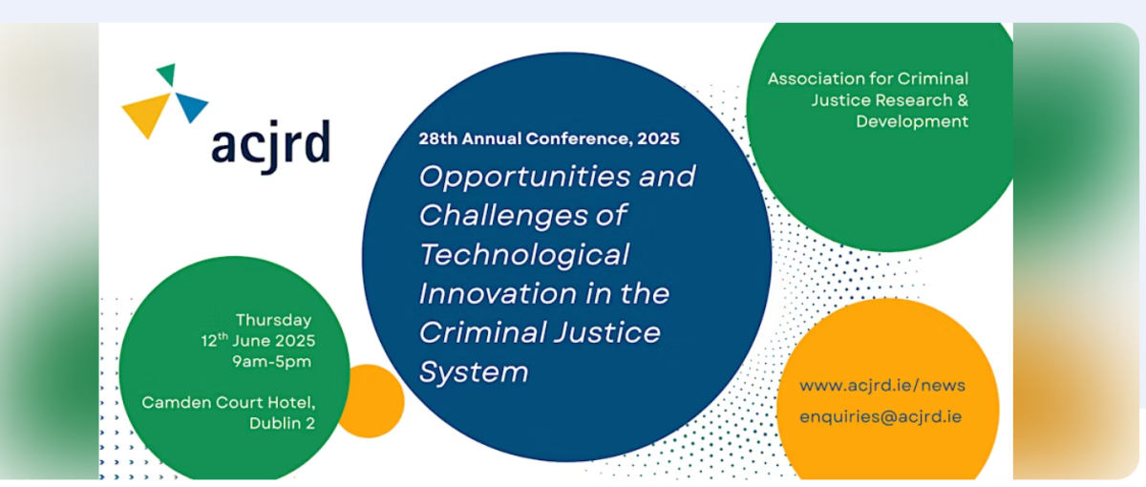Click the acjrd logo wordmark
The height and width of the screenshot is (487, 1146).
[x=270, y=145]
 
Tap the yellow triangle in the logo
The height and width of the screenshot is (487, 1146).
[x=146, y=115]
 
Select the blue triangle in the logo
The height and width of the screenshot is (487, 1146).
[x=191, y=106]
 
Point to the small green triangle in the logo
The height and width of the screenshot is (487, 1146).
[x=167, y=74]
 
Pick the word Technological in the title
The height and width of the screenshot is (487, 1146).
[x=524, y=254]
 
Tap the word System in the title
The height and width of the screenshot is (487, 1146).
[x=474, y=371]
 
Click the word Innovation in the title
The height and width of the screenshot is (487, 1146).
[x=497, y=294]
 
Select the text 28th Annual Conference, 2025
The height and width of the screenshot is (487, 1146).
[x=549, y=138]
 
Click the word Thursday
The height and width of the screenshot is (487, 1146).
[x=273, y=320]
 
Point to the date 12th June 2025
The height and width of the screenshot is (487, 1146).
[x=258, y=341]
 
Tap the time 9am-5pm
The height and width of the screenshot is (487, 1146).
[x=271, y=362]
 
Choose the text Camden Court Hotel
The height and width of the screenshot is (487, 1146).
[x=228, y=403]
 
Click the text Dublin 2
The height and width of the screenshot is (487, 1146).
[x=282, y=423]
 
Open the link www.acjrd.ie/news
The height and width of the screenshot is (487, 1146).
[x=882, y=385]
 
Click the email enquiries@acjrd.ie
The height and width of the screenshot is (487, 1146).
[x=881, y=417]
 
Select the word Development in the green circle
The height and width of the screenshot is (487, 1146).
[x=912, y=122]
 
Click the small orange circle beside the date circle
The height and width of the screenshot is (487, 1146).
[x=370, y=401]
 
